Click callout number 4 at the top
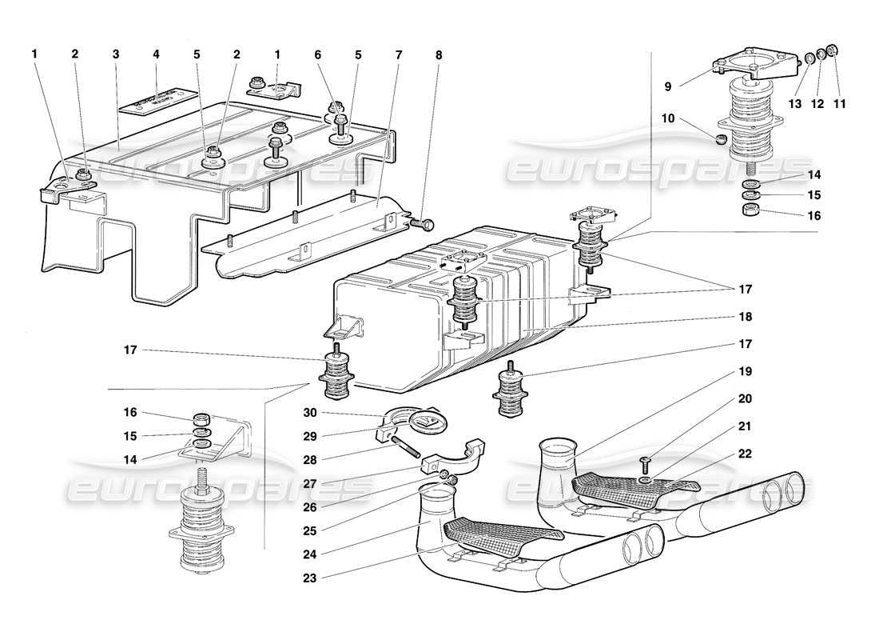click(x=156, y=54)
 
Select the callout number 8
click(x=438, y=54)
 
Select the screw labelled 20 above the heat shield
click(x=646, y=462)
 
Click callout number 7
click(x=399, y=54)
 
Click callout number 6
click(x=317, y=54)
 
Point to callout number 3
click(x=116, y=54)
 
